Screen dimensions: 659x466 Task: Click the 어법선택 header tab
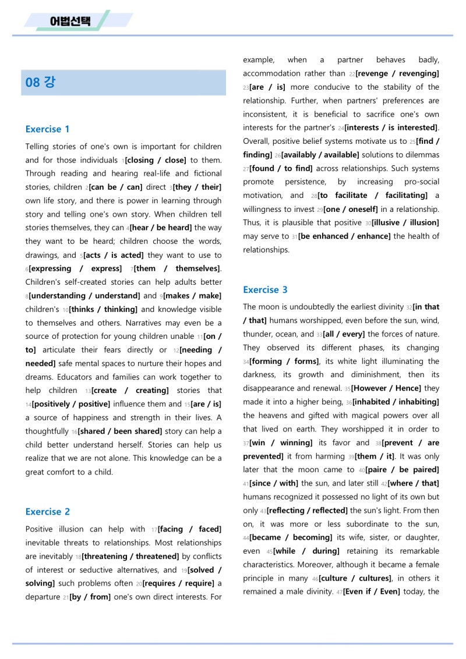(x=70, y=22)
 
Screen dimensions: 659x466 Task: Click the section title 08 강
(x=40, y=82)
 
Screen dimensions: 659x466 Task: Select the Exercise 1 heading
(x=47, y=129)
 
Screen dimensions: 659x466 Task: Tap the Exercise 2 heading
(x=47, y=512)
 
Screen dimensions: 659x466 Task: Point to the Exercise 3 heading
(x=265, y=290)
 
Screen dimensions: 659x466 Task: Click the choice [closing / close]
(x=156, y=160)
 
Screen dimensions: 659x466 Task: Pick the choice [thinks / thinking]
(x=103, y=309)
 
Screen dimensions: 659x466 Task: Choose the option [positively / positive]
(x=70, y=404)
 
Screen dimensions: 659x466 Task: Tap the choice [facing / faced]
(x=189, y=529)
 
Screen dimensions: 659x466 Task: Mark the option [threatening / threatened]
(x=130, y=557)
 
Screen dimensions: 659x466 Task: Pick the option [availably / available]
(x=320, y=155)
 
